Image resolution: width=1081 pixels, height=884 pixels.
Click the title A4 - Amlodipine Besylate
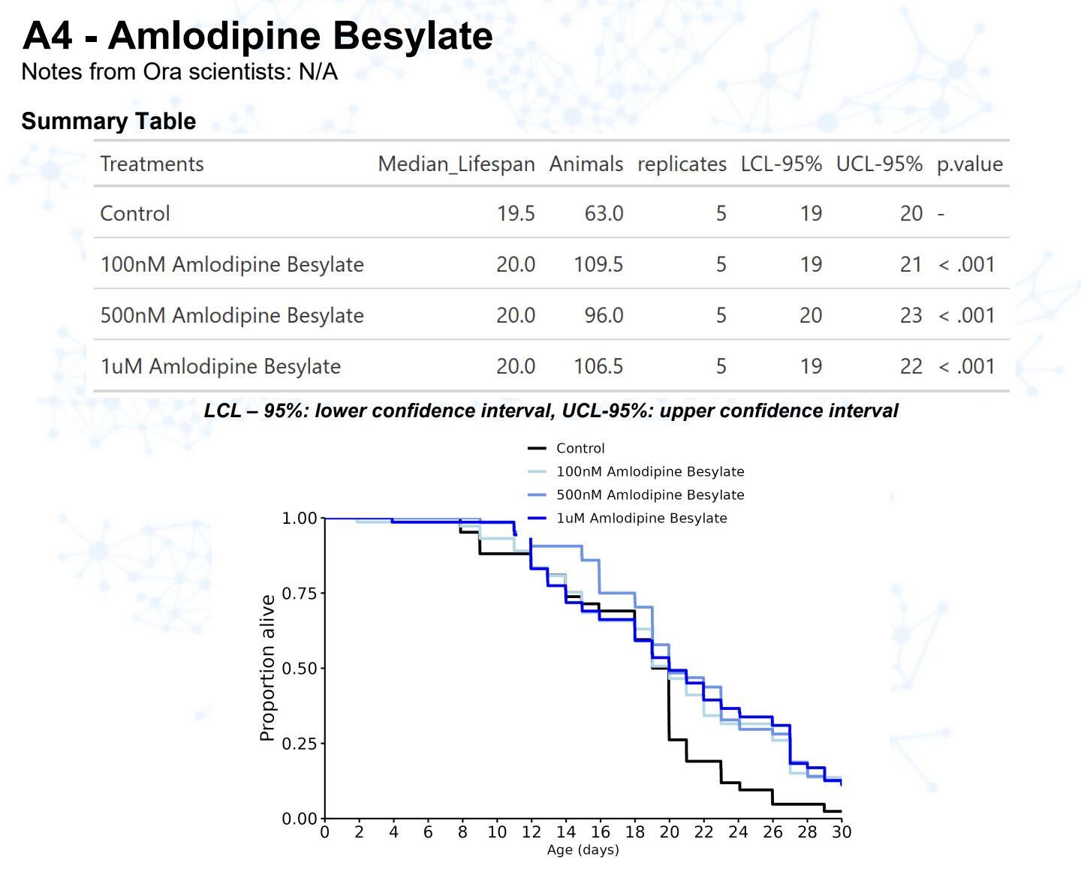coord(257,36)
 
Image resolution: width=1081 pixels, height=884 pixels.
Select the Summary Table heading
coord(109,121)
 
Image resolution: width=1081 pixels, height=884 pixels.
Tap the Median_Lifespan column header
coord(456,164)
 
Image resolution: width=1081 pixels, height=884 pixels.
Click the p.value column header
coord(969,164)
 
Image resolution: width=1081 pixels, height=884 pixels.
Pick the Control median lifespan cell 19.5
coord(516,214)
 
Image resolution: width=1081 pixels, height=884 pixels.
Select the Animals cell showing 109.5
coord(598,265)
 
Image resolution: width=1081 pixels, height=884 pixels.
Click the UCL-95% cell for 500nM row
coord(911,316)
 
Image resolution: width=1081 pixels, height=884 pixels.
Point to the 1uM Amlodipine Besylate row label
coord(221,367)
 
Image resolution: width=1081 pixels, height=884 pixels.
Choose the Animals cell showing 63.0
coord(604,214)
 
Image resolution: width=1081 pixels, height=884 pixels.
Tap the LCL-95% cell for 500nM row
coord(810,316)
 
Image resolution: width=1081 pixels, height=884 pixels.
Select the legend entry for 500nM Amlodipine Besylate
coord(649,495)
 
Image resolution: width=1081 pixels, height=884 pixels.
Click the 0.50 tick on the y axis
coord(299,669)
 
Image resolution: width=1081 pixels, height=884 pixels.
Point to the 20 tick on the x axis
coord(669,832)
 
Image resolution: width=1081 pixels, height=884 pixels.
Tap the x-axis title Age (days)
coord(583,850)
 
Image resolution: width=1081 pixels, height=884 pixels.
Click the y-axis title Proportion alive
coord(267,668)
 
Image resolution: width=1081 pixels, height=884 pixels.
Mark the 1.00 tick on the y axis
coord(299,519)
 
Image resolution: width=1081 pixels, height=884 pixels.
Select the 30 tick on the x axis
coord(842,832)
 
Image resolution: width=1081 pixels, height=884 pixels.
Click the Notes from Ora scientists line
coord(179,72)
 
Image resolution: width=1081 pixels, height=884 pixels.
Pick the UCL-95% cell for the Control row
coord(911,214)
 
